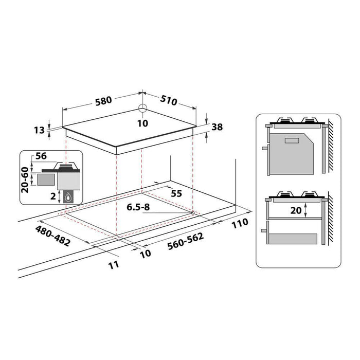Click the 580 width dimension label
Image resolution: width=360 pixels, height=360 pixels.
(103, 100)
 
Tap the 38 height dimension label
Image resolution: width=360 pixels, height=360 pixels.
(217, 127)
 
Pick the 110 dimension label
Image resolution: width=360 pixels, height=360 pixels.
(239, 223)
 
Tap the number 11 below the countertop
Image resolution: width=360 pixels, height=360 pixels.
(114, 265)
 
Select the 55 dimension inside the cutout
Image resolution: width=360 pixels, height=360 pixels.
(176, 194)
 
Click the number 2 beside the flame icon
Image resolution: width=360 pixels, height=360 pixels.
(53, 195)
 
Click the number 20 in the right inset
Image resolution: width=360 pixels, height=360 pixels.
(295, 210)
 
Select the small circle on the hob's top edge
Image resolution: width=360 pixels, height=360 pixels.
(142, 109)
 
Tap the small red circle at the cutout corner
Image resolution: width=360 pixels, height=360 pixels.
(192, 212)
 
